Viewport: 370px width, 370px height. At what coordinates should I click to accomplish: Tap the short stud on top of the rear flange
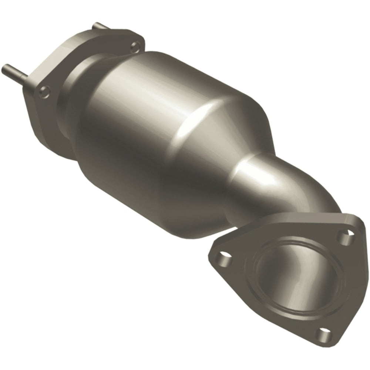[x=99, y=26]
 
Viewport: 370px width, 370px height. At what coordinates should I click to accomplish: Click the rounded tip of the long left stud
[x=4, y=68]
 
